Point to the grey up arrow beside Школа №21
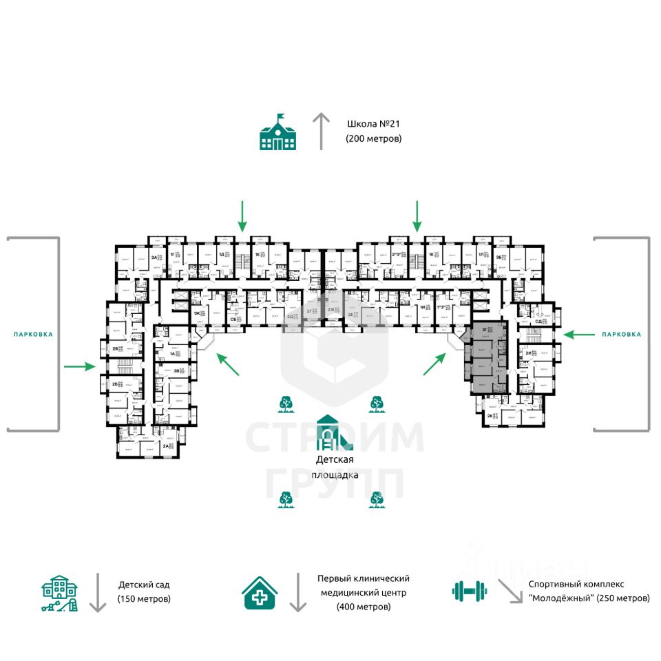tap(321, 131)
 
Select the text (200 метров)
tap(373, 139)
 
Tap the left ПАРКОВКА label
tap(33, 334)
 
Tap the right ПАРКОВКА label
tap(621, 334)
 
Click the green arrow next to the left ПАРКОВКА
tap(79, 366)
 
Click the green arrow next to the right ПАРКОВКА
tap(579, 334)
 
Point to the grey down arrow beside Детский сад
tap(98, 592)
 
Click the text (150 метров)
tap(144, 599)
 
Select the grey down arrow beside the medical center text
tap(297, 592)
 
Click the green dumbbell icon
tap(469, 590)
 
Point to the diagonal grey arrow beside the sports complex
tap(510, 590)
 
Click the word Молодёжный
tap(563, 598)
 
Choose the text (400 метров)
tap(364, 607)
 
